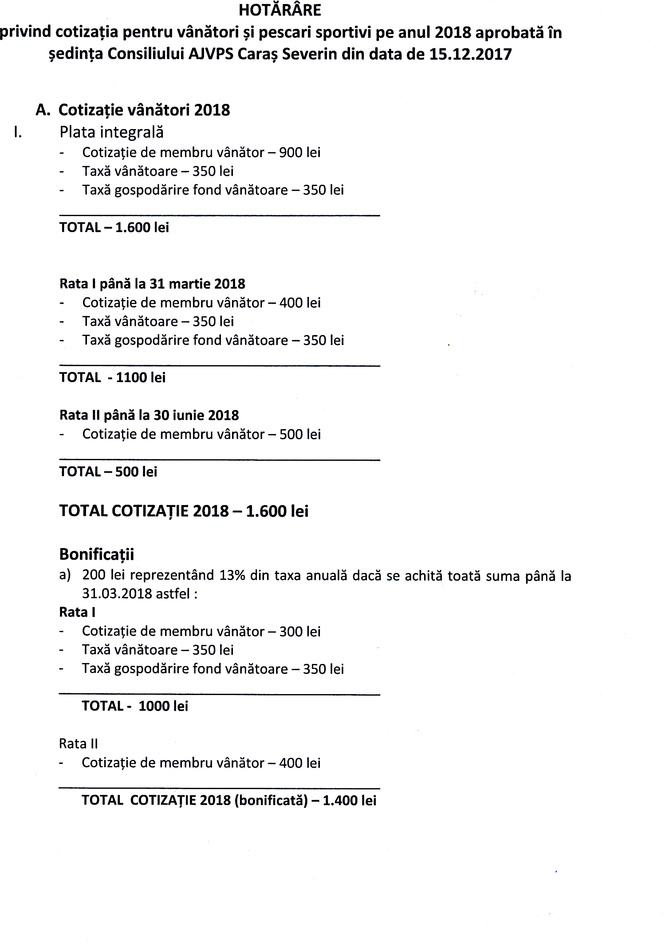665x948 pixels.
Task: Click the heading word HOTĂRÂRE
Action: (x=280, y=10)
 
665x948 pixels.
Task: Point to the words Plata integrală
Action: (x=112, y=132)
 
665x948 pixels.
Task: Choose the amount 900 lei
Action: (x=300, y=152)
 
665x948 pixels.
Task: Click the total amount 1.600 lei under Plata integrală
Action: (x=142, y=227)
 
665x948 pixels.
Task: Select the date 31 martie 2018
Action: (x=197, y=284)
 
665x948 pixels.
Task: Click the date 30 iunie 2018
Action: (x=196, y=415)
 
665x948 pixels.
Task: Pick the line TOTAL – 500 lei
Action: (x=108, y=472)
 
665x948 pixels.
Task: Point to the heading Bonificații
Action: (x=96, y=554)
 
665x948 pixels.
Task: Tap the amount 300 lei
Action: (x=300, y=631)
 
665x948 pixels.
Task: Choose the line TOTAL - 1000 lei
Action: (x=135, y=706)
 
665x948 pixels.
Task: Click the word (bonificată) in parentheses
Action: (x=271, y=800)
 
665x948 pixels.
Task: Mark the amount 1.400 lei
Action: (x=349, y=800)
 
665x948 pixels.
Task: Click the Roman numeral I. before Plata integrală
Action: (x=18, y=132)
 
